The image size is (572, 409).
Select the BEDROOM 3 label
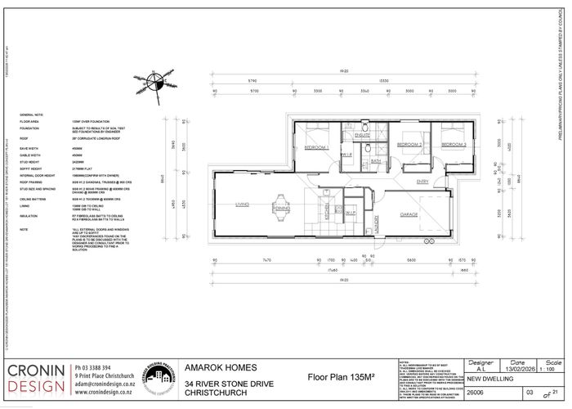point(454,144)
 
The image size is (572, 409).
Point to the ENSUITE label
point(363,135)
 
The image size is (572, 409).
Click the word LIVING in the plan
point(242,205)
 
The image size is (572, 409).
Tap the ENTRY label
point(422,181)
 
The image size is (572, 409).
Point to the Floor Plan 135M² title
point(340,377)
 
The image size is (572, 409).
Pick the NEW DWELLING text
point(489,379)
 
